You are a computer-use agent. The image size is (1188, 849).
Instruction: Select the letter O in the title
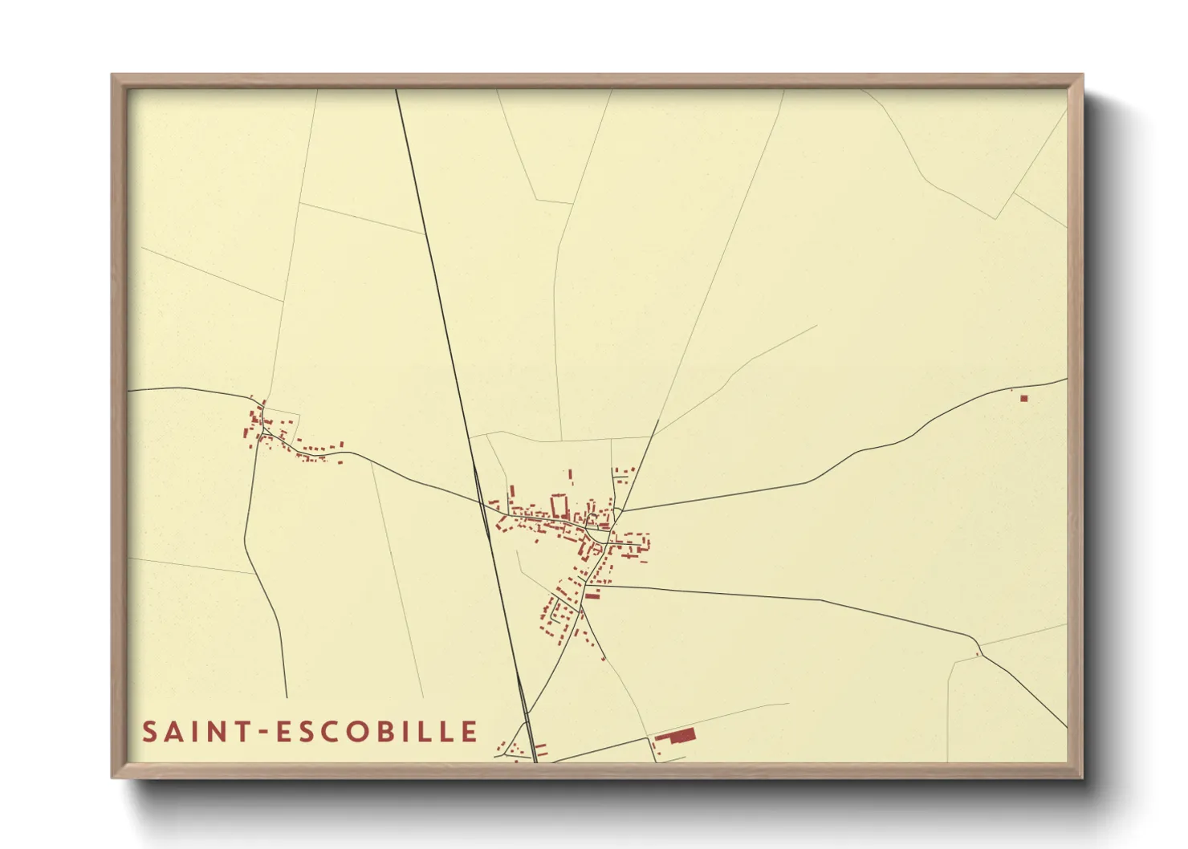363,732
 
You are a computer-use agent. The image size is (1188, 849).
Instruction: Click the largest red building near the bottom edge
681,736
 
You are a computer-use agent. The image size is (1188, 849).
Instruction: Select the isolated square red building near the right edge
1023,398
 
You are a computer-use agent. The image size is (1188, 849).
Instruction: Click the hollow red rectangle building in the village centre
559,506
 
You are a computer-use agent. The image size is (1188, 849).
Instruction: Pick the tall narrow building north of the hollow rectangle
571,476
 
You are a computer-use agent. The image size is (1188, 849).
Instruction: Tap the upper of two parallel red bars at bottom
541,746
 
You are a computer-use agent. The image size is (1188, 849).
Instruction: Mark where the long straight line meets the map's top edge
397,90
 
